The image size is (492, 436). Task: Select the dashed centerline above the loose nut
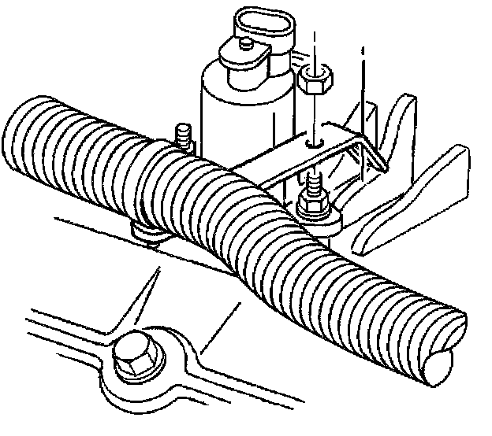(314, 47)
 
